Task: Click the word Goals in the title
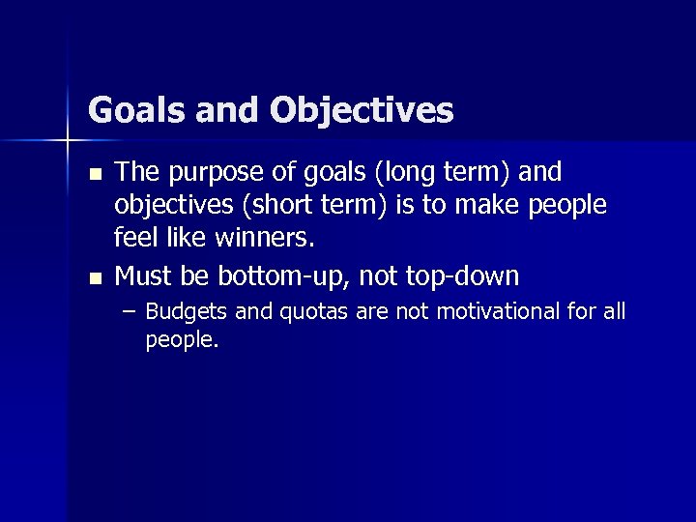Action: point(128,110)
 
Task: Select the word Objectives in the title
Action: point(362,110)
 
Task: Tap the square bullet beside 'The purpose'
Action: point(94,175)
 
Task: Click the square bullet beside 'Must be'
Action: point(94,278)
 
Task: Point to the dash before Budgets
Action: point(129,312)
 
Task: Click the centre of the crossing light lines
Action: point(69,141)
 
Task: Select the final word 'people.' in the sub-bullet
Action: point(183,340)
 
